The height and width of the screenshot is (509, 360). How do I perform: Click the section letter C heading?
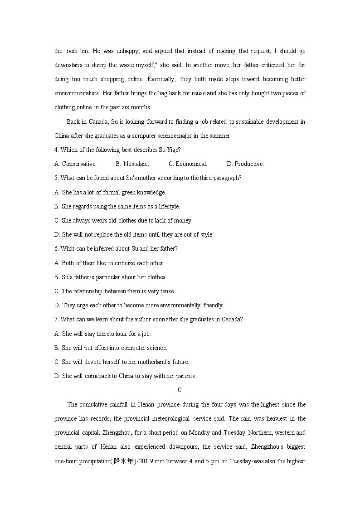pyautogui.click(x=180, y=390)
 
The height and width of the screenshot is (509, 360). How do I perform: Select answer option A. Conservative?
pyautogui.click(x=75, y=164)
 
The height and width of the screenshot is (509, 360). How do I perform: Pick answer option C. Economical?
pyautogui.click(x=188, y=164)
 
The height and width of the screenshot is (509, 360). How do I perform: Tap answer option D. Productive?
pyautogui.click(x=245, y=164)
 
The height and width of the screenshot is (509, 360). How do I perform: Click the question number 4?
pyautogui.click(x=56, y=150)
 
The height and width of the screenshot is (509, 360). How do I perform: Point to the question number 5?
pyautogui.click(x=56, y=178)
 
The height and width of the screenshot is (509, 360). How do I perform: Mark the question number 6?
pyautogui.click(x=56, y=249)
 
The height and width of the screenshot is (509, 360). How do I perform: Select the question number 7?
pyautogui.click(x=56, y=320)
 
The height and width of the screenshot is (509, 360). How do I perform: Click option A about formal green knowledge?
pyautogui.click(x=110, y=193)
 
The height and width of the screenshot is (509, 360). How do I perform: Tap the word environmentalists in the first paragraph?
pyautogui.click(x=77, y=93)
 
